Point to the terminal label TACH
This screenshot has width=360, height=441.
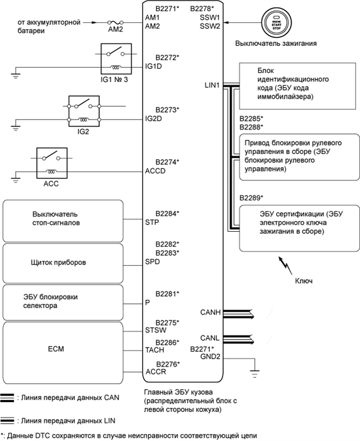[155, 350]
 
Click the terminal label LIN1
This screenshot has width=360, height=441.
[212, 85]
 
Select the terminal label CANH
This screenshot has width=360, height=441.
[210, 312]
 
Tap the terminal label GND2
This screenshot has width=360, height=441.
[210, 357]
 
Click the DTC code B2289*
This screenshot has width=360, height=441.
[251, 198]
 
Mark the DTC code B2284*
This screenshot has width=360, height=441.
[167, 214]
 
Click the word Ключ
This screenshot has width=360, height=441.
[303, 280]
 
